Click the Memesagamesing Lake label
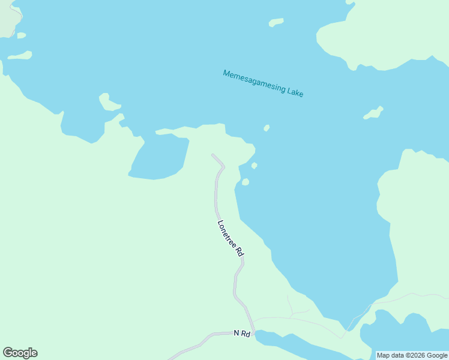coord(263,83)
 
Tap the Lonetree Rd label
coord(231,239)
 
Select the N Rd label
coord(241,333)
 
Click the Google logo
coord(20,353)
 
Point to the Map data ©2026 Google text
coord(412,355)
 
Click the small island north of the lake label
coord(276,23)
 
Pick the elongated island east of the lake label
coord(373,113)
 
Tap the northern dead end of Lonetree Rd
coord(212,155)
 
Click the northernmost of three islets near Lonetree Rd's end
coord(266,128)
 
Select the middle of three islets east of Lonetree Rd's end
coord(255,166)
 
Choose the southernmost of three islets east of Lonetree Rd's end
coord(245,182)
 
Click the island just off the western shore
coord(108,103)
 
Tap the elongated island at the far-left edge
coord(19,56)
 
